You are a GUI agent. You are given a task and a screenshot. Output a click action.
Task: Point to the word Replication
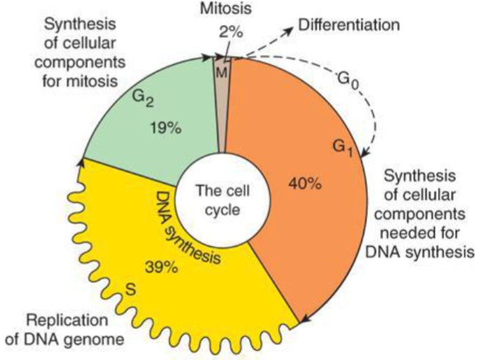point(59,320)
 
